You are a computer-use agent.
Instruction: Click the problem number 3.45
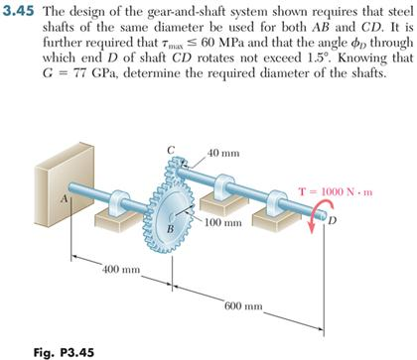(19, 11)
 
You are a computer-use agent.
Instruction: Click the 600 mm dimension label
(244, 308)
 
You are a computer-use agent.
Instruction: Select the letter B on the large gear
(169, 230)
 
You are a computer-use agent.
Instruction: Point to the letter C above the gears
(172, 150)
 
